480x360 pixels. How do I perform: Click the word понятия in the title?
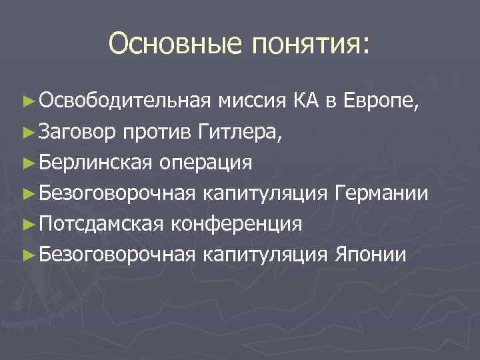point(310,45)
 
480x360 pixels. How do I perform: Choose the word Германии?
point(381,193)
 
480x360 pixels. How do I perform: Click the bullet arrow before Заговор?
point(27,132)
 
